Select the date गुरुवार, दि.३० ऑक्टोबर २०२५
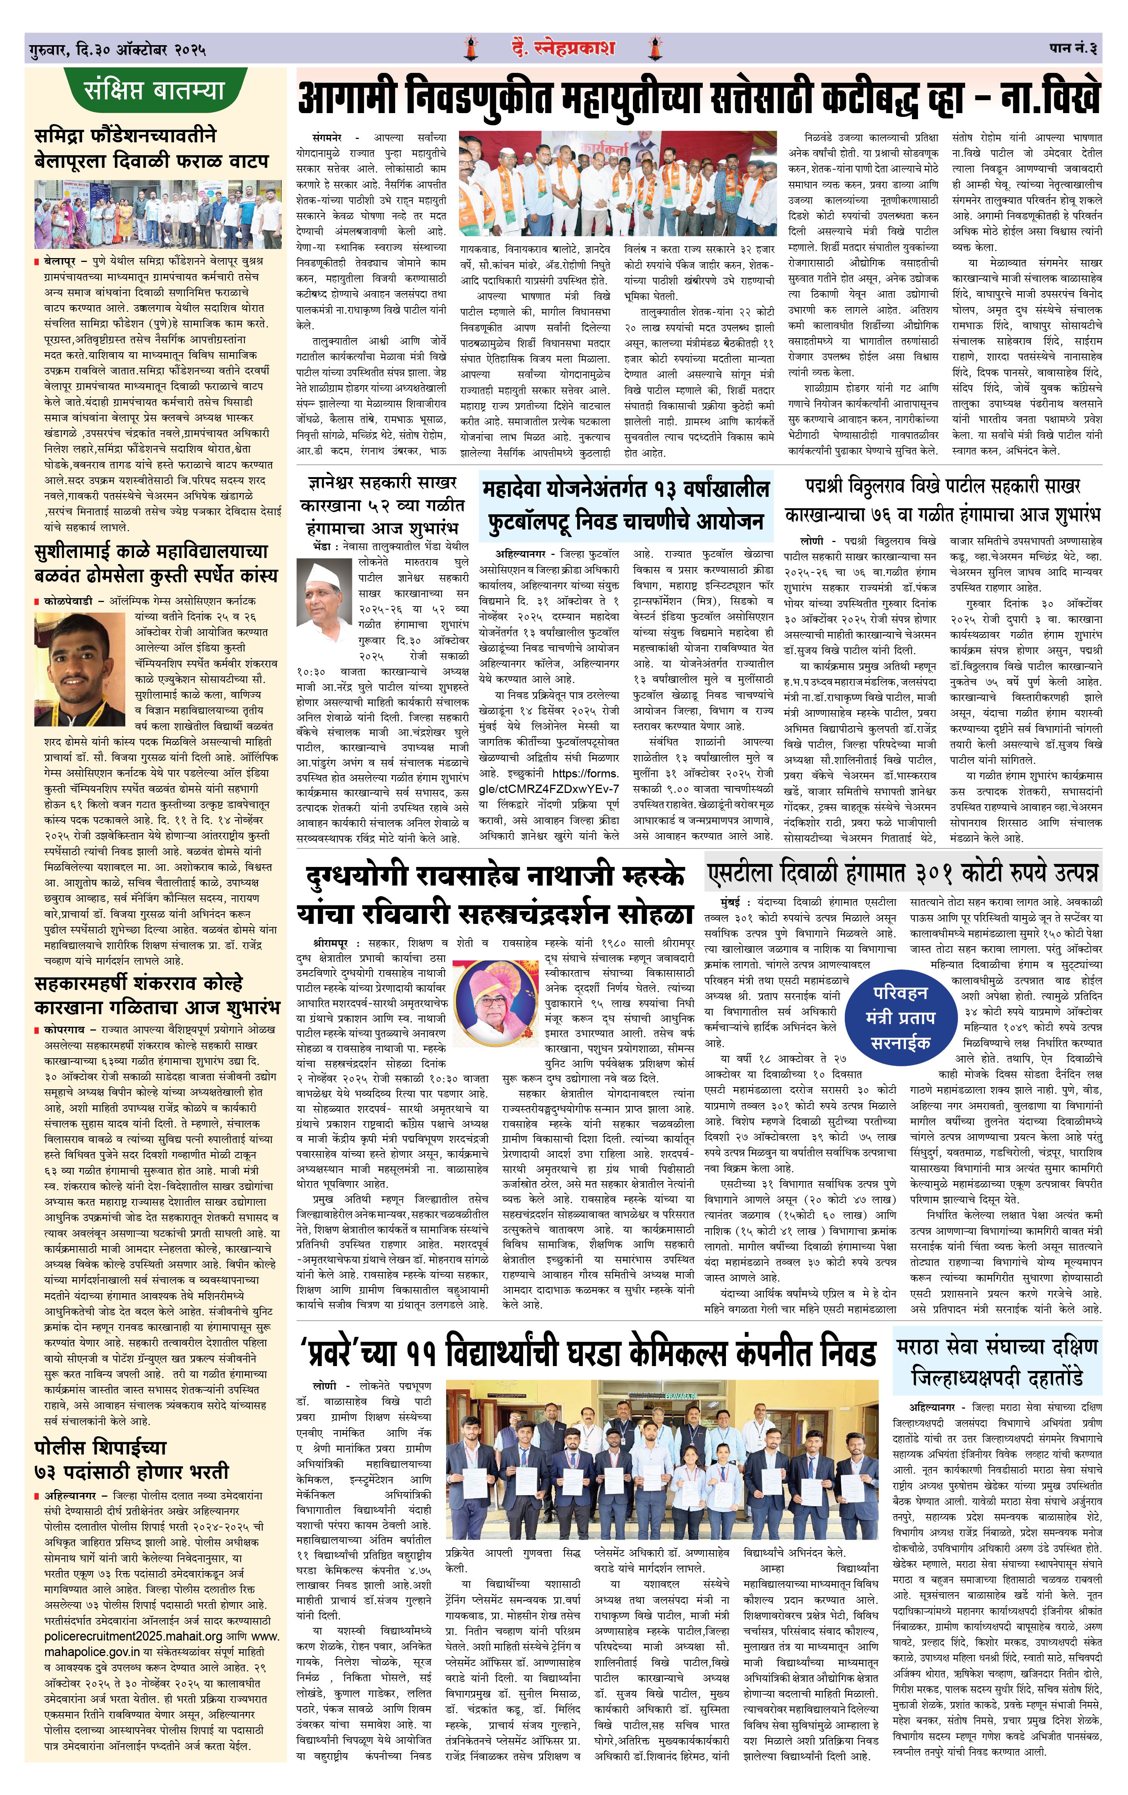[x=117, y=50]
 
